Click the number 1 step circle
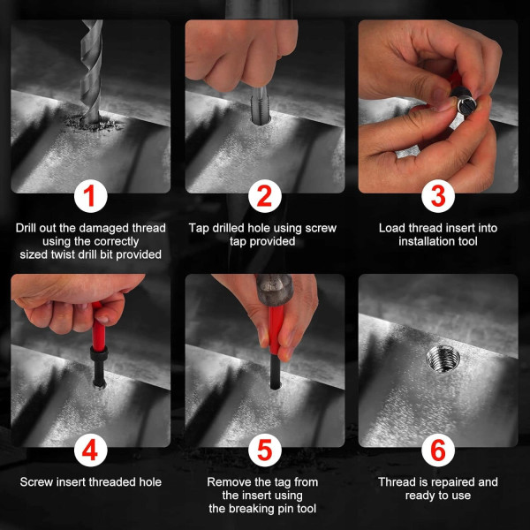[91, 196]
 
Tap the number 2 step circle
[265, 196]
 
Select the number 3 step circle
[438, 196]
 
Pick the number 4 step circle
[91, 450]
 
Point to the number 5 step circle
[265, 450]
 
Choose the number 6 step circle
[438, 450]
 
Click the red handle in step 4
[98, 327]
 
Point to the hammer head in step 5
[275, 290]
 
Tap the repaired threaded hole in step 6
[443, 359]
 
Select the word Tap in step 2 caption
[200, 228]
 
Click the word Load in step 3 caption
[392, 228]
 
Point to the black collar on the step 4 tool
[99, 354]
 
